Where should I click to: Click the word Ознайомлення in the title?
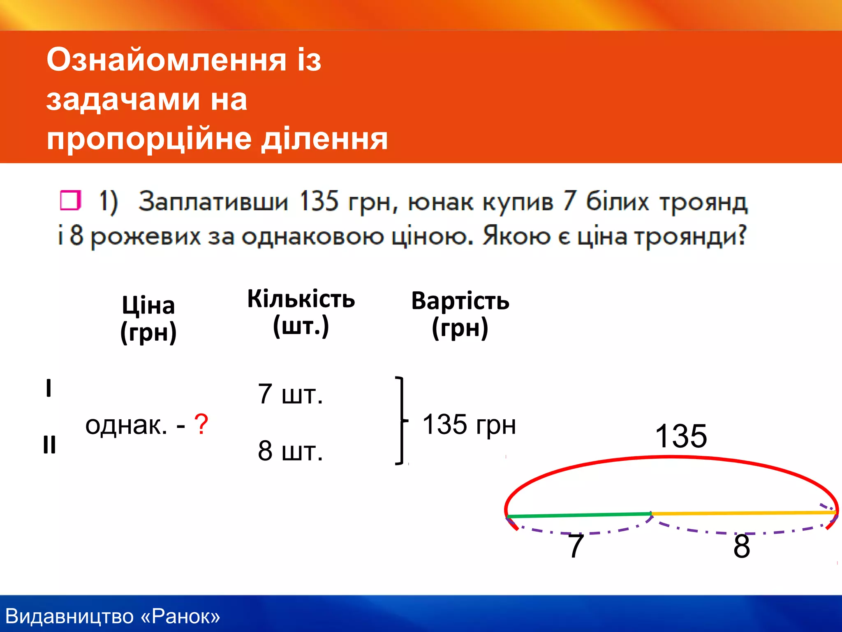(x=166, y=60)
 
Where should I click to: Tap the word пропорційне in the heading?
(x=149, y=139)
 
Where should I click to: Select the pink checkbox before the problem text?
(x=70, y=200)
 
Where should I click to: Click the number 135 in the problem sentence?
(x=319, y=202)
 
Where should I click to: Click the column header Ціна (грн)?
(x=148, y=319)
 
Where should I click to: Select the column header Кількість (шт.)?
(x=301, y=312)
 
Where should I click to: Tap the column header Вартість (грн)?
(x=460, y=314)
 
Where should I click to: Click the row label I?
(x=49, y=388)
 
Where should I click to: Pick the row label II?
(x=49, y=445)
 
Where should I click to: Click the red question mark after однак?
(x=201, y=424)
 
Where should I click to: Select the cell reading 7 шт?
(x=290, y=394)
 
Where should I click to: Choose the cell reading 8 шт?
(x=290, y=451)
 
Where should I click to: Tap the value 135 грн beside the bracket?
(x=469, y=424)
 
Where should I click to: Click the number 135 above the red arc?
(x=681, y=436)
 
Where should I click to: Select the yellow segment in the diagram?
(x=744, y=513)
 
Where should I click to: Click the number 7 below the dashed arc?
(x=576, y=546)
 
